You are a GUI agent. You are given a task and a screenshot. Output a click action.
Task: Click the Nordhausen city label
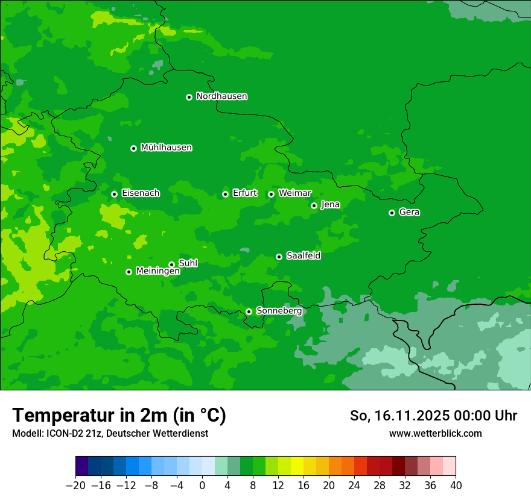pyautogui.click(x=221, y=96)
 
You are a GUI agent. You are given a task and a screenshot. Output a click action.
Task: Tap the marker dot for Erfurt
pyautogui.click(x=225, y=194)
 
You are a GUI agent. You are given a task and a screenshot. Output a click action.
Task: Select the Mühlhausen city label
pyautogui.click(x=166, y=148)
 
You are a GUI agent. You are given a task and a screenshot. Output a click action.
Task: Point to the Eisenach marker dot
pyautogui.click(x=114, y=194)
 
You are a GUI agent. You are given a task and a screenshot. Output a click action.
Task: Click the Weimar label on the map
pyautogui.click(x=294, y=193)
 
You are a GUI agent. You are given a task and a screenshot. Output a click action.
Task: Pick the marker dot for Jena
pyautogui.click(x=314, y=205)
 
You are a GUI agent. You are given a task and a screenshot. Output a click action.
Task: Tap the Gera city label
pyautogui.click(x=409, y=212)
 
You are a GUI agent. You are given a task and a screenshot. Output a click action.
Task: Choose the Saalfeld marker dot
pyautogui.click(x=279, y=257)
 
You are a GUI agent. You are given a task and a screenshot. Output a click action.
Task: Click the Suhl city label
pyautogui.click(x=188, y=263)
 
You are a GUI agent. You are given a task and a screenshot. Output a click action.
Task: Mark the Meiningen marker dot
pyautogui.click(x=129, y=272)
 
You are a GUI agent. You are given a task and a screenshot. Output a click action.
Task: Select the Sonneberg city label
pyautogui.click(x=279, y=311)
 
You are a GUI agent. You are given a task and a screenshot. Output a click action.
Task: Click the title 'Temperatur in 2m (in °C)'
pyautogui.click(x=119, y=415)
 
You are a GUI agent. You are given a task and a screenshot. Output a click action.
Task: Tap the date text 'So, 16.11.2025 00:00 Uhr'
pyautogui.click(x=433, y=416)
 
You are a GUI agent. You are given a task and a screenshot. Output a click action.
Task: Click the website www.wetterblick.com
pyautogui.click(x=435, y=433)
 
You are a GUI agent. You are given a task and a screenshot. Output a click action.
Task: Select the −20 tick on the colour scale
pyautogui.click(x=75, y=486)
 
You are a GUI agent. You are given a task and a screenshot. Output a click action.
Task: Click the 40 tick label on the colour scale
pyautogui.click(x=456, y=486)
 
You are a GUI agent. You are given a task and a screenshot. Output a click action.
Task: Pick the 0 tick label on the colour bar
pyautogui.click(x=202, y=486)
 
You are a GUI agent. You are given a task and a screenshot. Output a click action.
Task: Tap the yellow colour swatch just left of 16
pyautogui.click(x=297, y=466)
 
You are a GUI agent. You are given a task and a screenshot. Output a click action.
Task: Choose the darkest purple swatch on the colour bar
pyautogui.click(x=81, y=466)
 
